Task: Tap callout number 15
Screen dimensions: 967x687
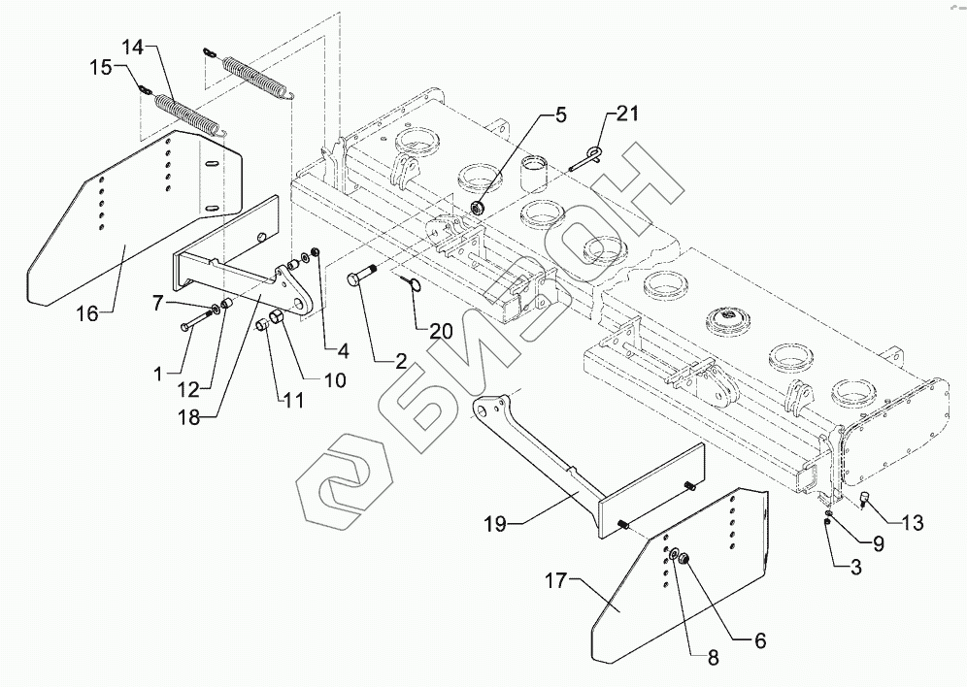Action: coord(102,67)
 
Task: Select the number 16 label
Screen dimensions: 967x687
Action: coord(87,314)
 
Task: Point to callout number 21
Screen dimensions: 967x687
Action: coord(627,114)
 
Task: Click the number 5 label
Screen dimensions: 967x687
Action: coord(560,115)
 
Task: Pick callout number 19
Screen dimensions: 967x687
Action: coord(494,524)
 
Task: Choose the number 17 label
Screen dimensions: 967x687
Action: coord(555,580)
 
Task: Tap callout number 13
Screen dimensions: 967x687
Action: coord(913,523)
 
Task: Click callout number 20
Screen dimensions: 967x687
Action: coord(441,332)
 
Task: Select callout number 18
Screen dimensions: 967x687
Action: coord(190,417)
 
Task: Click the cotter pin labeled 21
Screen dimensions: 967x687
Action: coord(585,159)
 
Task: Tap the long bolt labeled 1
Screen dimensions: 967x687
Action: coord(196,321)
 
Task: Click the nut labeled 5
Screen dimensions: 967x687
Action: coord(478,208)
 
